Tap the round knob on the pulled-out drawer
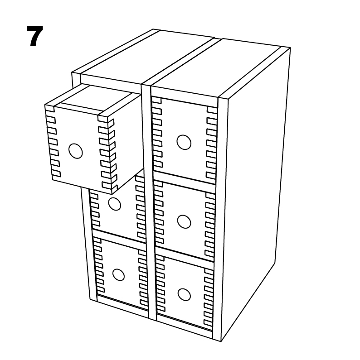[76, 151]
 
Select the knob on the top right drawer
[184, 142]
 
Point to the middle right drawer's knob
[184, 221]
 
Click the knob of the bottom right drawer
[184, 294]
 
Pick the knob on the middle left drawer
[115, 204]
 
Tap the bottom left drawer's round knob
[118, 274]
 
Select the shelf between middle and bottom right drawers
[186, 254]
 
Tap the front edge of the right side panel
[222, 217]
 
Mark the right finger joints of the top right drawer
[211, 143]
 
